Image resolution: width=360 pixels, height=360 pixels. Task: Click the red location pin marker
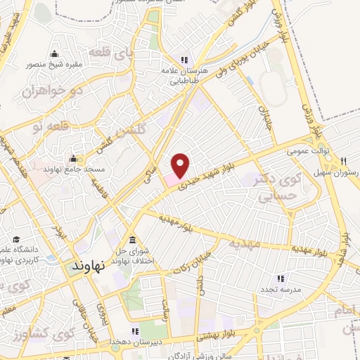[x=181, y=165]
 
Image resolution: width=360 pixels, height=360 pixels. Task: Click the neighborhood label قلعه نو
[x=46, y=126]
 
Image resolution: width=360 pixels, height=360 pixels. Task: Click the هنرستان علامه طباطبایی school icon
[x=184, y=60]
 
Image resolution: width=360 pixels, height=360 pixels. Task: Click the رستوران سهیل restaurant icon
[x=344, y=161]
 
